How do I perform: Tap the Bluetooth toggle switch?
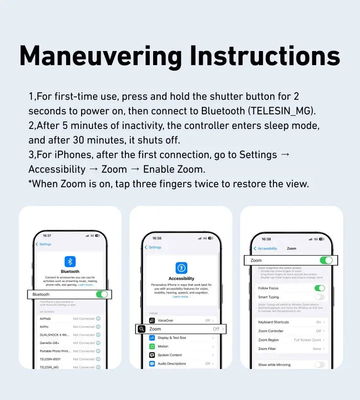(102, 294)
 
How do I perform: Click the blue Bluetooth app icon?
(70, 261)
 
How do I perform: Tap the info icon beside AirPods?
(98, 319)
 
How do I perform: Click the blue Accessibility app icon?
(181, 268)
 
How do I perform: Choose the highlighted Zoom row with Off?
(181, 329)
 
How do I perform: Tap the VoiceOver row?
(181, 321)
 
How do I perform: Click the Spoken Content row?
(181, 355)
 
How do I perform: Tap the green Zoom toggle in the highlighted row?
(326, 261)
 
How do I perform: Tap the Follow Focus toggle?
(319, 288)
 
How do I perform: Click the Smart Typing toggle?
(319, 297)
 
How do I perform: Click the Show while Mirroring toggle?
(319, 365)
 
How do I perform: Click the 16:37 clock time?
(47, 236)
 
